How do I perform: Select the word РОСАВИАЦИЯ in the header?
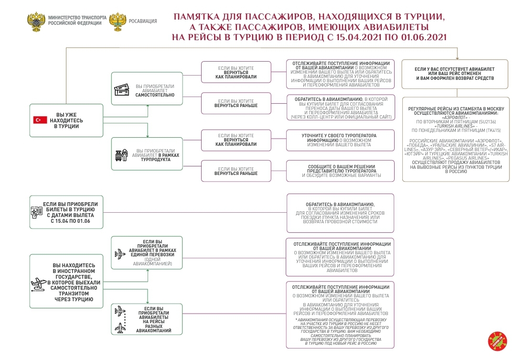[x=143, y=21]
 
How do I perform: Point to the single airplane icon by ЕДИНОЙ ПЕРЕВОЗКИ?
[x=120, y=254]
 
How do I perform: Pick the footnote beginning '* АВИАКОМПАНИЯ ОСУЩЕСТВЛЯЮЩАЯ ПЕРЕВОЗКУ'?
[x=340, y=331]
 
